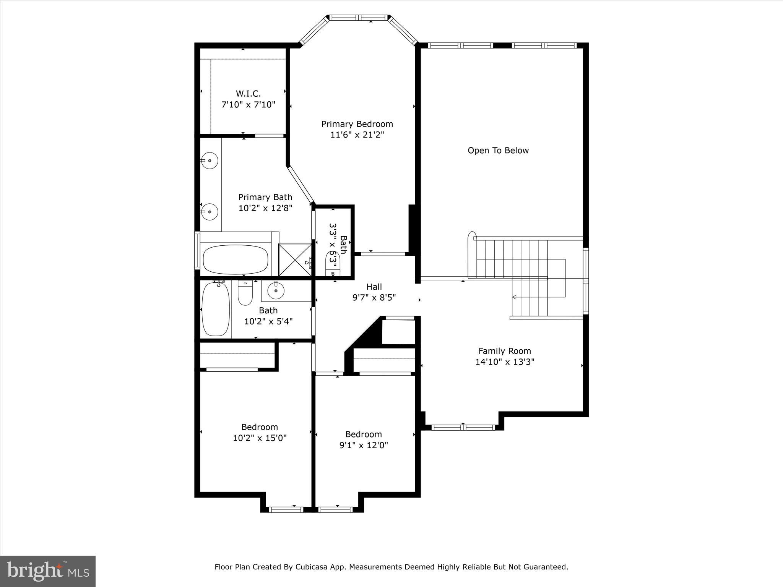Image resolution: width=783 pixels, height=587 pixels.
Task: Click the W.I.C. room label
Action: (x=248, y=94)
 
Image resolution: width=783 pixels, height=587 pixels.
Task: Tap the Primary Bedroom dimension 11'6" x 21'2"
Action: (x=357, y=135)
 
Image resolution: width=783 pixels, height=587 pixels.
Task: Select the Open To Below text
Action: (x=498, y=151)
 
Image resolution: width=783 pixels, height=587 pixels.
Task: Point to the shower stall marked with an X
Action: (x=295, y=259)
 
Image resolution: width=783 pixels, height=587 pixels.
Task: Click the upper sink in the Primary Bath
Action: (x=209, y=161)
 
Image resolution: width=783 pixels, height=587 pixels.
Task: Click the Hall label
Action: (x=374, y=287)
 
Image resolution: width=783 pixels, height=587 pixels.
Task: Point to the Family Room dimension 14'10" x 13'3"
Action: (x=505, y=362)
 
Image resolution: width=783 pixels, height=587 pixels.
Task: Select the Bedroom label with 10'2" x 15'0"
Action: (x=259, y=427)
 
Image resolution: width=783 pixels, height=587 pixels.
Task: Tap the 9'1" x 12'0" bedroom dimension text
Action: (x=364, y=445)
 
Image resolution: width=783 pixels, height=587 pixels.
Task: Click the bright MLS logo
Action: (x=48, y=571)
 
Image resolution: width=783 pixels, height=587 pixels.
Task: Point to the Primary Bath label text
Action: (x=265, y=197)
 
